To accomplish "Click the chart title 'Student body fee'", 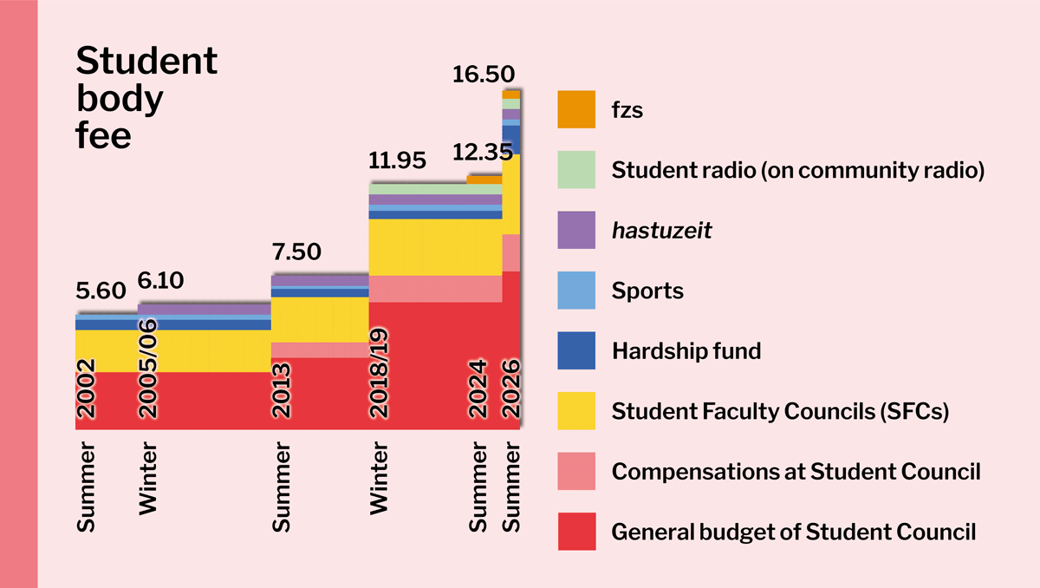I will (146, 98).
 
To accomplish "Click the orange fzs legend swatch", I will (576, 109).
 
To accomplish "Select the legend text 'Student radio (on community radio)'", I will (797, 171).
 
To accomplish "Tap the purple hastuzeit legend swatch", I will (576, 231).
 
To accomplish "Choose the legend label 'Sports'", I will (647, 291).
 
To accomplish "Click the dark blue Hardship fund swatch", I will (576, 350).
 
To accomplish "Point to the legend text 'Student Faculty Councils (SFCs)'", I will (780, 411).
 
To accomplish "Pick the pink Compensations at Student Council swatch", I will (576, 471).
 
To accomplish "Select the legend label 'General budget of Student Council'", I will (793, 532).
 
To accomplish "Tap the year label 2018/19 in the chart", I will (380, 373).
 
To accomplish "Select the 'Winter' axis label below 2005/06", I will (148, 481).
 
